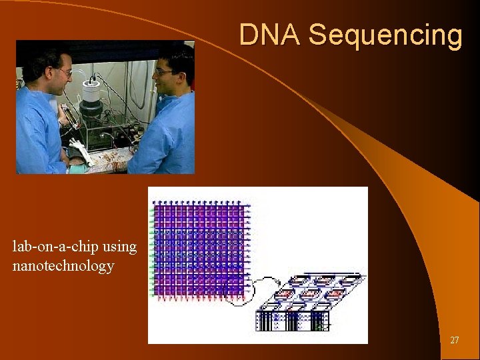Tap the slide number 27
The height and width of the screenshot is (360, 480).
pos(454,341)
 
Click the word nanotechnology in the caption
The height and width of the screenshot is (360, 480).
pos(63,267)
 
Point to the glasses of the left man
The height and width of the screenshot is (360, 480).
pos(65,71)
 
